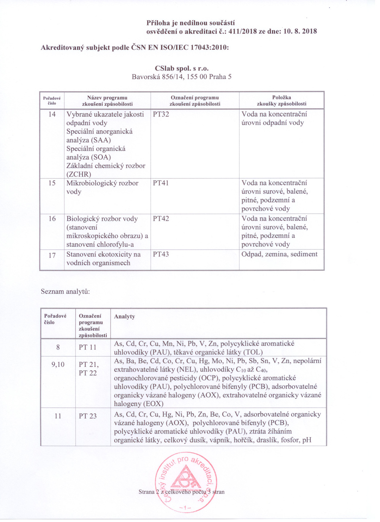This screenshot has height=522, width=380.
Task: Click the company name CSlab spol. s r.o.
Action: pos(182,68)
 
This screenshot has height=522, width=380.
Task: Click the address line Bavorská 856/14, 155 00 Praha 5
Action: pos(181,77)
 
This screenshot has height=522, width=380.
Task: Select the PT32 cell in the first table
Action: pos(161,114)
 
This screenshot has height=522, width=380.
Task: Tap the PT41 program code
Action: pos(161,183)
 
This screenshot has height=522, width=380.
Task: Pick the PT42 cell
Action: pos(161,219)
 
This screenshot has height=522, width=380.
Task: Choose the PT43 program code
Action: pos(161,254)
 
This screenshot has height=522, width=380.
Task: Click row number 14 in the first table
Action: pos(52,114)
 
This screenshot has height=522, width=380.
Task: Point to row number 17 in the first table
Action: pos(52,255)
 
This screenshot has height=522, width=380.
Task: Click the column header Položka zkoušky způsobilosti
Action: pos(281,101)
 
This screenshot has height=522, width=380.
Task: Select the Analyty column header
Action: pos(124,316)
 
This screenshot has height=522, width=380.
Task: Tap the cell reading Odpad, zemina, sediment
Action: pos(279,254)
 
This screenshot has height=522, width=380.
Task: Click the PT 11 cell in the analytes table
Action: pos(88,347)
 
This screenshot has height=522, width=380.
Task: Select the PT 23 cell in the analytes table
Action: pos(88,416)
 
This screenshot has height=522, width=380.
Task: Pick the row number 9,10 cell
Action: pos(58,364)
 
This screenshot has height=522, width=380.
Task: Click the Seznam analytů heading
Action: pos(65,292)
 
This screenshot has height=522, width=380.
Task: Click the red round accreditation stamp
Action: pos(186,481)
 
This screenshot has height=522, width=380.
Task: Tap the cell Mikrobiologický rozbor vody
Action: pos(102,187)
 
